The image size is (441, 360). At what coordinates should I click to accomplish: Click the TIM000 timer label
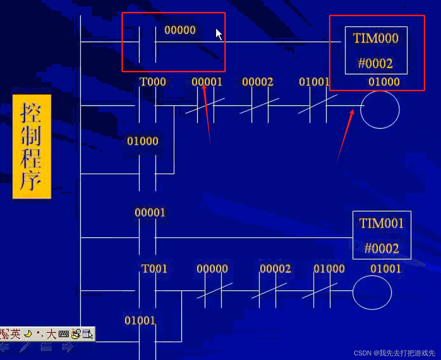click(376, 38)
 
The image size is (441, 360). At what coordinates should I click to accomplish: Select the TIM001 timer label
click(381, 224)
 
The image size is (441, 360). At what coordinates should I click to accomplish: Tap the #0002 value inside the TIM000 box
click(375, 64)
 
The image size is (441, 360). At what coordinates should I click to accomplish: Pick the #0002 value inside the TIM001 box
click(382, 248)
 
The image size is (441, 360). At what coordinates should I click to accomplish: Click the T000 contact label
click(152, 82)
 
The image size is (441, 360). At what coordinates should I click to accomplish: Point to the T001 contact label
click(154, 269)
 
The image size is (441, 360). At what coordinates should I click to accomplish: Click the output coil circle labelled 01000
click(380, 109)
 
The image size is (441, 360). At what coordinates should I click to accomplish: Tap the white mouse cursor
click(218, 34)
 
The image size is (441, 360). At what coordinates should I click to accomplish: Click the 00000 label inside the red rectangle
click(180, 30)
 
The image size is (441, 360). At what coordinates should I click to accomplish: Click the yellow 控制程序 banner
click(32, 146)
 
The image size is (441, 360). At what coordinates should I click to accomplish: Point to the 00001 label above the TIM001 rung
click(150, 213)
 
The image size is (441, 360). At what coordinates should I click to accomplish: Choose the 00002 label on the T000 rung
click(257, 82)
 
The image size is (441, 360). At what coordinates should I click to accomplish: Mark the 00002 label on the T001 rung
click(275, 269)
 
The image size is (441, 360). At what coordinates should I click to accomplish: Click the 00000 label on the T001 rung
click(212, 269)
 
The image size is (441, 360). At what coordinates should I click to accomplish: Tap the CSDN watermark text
click(394, 353)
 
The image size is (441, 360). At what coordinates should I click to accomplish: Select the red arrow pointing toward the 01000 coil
click(345, 135)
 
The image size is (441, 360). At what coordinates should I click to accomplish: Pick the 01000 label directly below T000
click(143, 141)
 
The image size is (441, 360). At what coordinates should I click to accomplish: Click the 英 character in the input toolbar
click(15, 334)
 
